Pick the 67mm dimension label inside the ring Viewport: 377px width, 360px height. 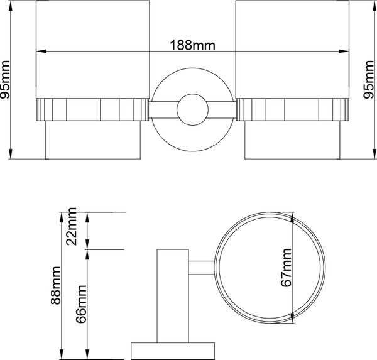tap(287, 268)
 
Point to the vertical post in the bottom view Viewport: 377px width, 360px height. tap(173, 295)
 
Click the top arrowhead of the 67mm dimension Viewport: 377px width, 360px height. tap(293, 215)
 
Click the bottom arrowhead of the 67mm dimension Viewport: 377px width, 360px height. tap(293, 320)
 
